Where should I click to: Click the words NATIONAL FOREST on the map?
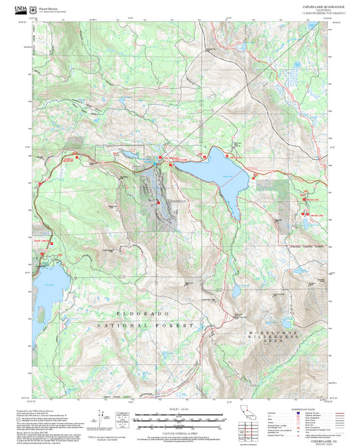tap(145, 325)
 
